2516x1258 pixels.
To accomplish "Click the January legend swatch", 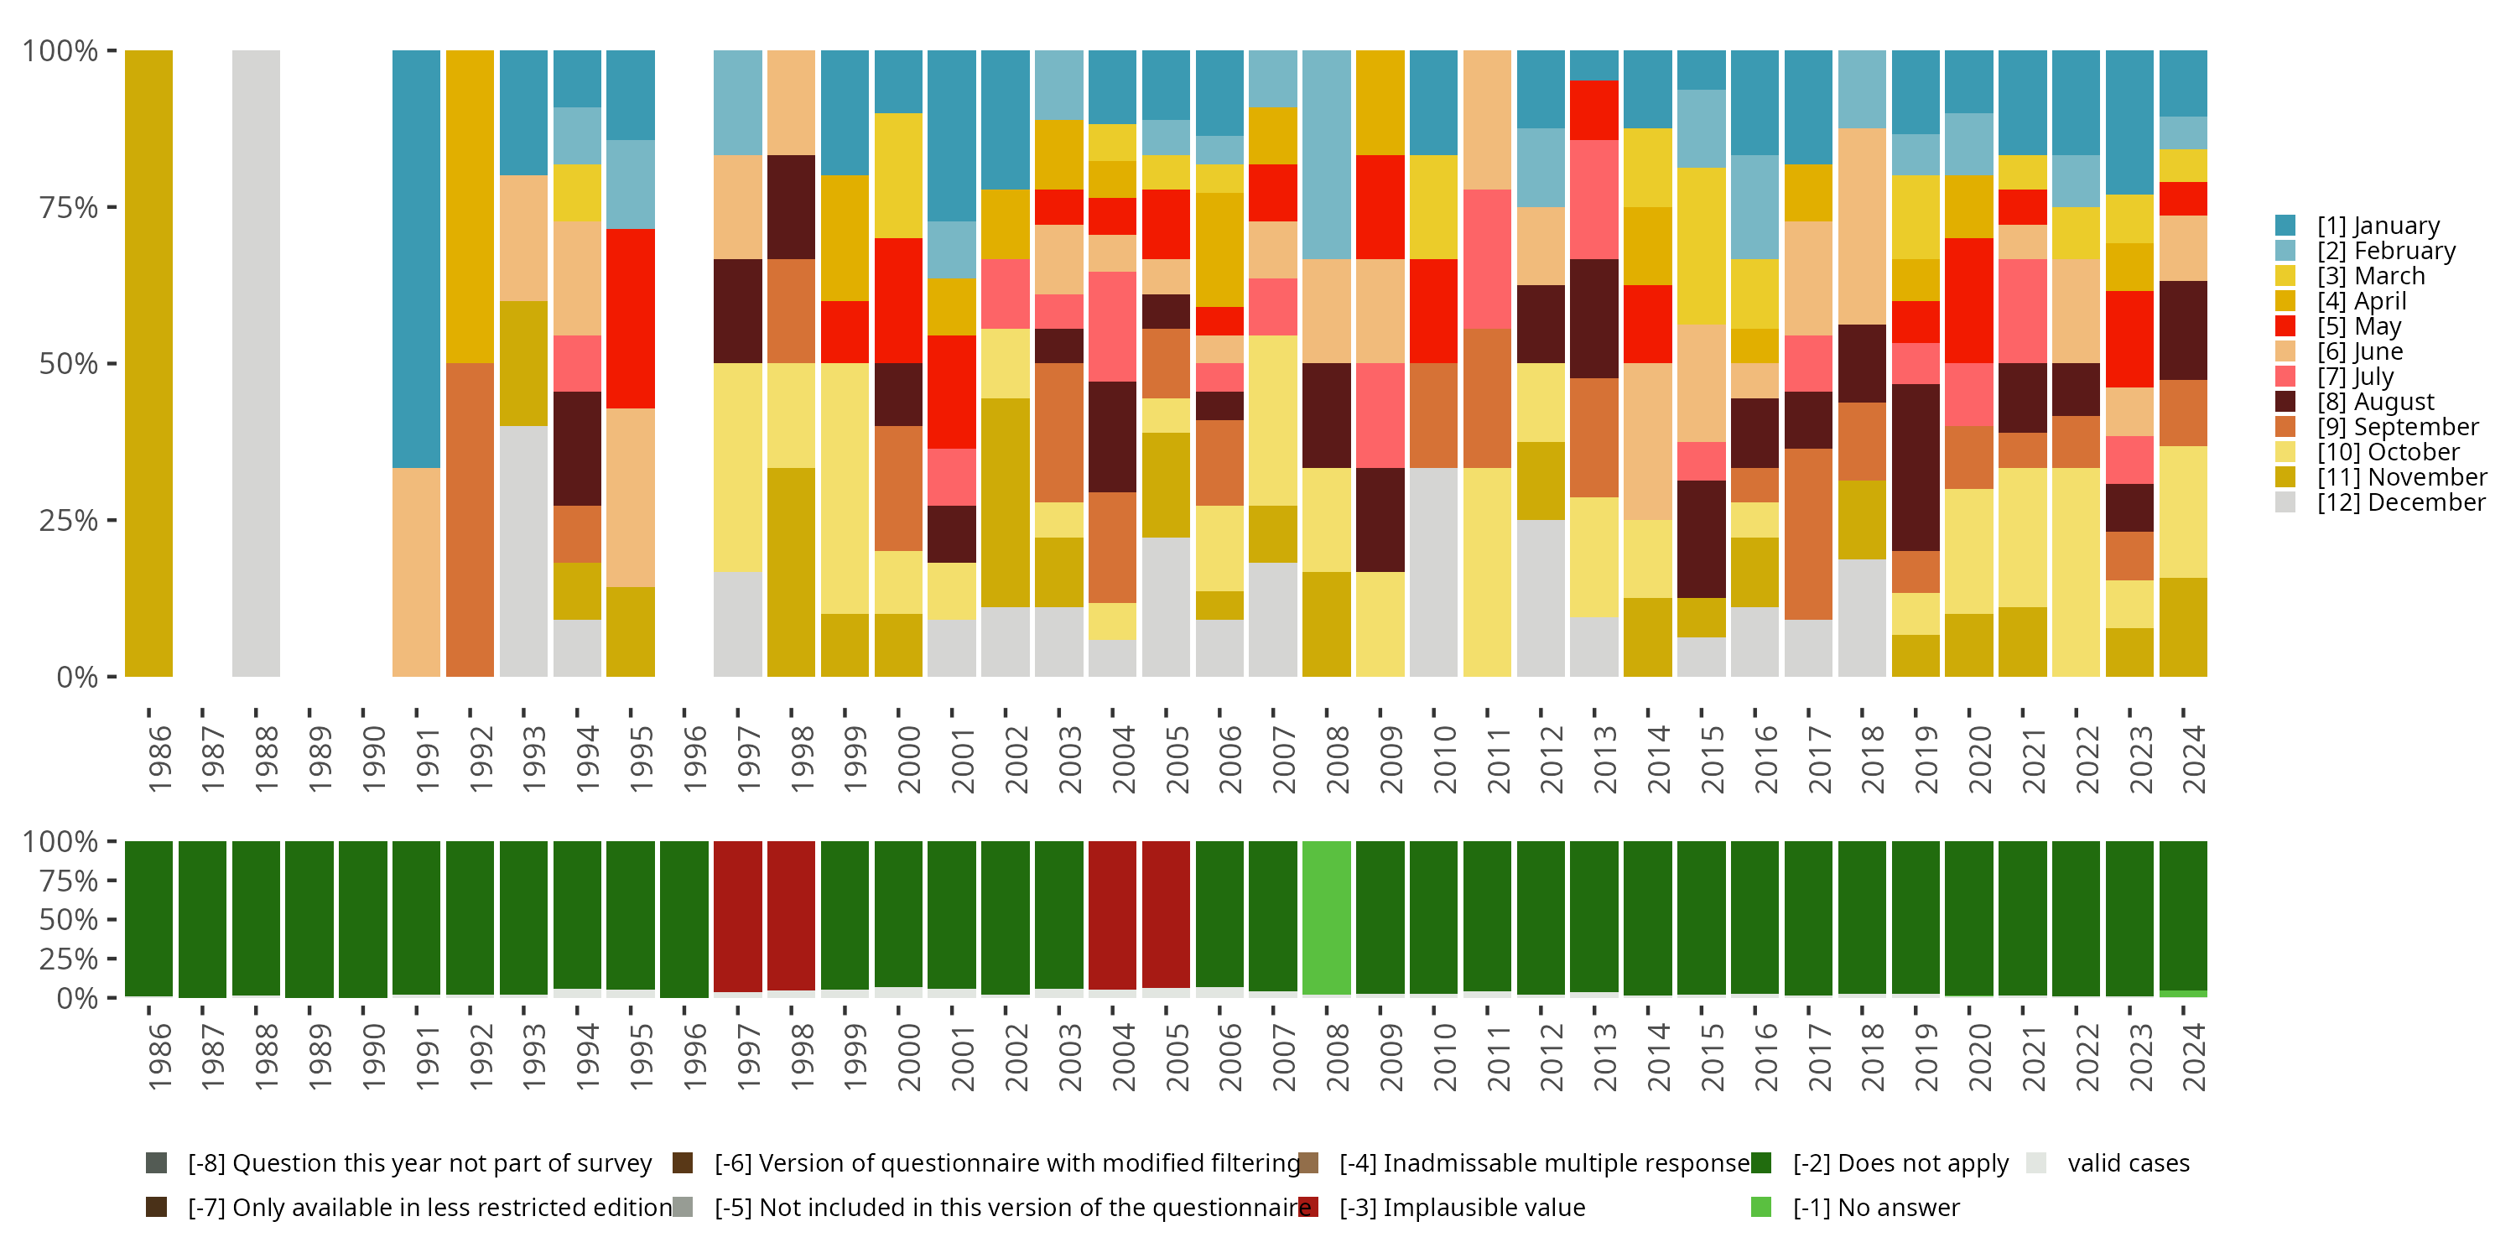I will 2285,226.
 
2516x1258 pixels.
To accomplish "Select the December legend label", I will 2401,502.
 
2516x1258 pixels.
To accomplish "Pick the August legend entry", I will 2375,402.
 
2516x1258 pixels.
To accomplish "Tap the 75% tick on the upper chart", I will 69,207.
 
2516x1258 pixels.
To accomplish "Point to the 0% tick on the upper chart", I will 77,676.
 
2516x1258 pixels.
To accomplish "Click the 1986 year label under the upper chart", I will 159,759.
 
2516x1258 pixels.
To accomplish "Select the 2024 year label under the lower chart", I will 2193,1057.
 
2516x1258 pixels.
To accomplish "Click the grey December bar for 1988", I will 256,362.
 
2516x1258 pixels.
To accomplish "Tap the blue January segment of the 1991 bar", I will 416,259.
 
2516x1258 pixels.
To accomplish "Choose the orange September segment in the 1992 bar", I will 470,520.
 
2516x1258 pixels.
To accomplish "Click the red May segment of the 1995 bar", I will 630,319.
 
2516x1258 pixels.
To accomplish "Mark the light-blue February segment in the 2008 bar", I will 1327,154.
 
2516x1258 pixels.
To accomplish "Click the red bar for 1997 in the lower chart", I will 737,916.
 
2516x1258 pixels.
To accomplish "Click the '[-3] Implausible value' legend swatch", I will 1309,1207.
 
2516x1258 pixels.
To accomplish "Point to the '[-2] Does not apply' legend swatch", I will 1761,1162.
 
